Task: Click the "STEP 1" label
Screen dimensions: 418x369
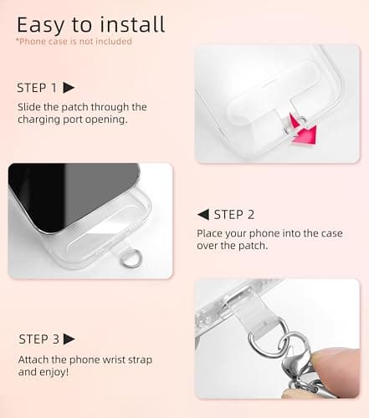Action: [38, 88]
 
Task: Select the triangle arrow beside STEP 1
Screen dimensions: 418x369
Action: [69, 88]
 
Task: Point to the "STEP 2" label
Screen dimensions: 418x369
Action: [233, 215]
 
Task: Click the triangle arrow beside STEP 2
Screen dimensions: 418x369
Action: [202, 215]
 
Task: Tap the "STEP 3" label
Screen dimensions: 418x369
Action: [38, 339]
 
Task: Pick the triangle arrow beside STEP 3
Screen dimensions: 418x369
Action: [69, 339]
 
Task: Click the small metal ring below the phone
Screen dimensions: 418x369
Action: [130, 260]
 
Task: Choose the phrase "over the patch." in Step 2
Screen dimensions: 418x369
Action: [235, 247]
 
